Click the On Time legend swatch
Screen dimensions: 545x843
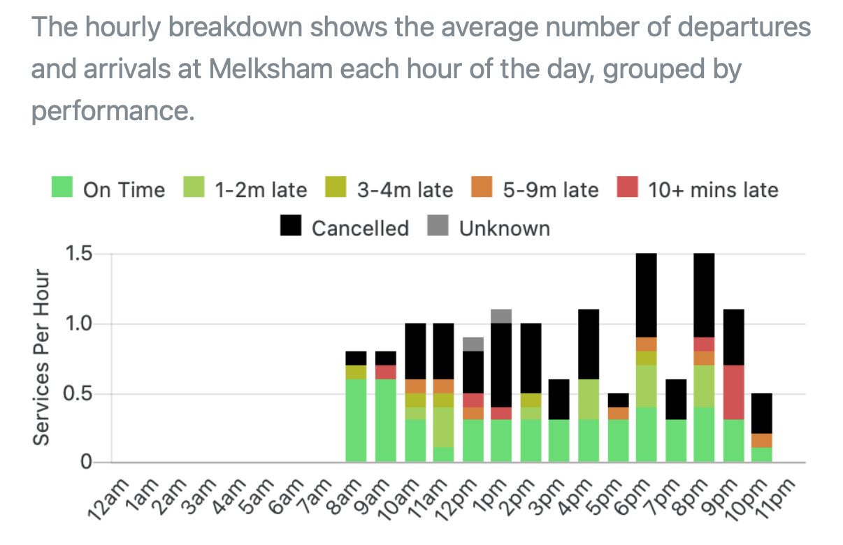(63, 189)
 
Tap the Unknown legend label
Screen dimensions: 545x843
(504, 228)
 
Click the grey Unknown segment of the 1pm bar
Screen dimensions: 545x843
(501, 316)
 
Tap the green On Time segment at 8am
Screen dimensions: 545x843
(356, 421)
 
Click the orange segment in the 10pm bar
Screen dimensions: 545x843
(763, 440)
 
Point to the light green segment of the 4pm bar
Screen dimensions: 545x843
(589, 399)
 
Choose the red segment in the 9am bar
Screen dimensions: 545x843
(386, 372)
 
